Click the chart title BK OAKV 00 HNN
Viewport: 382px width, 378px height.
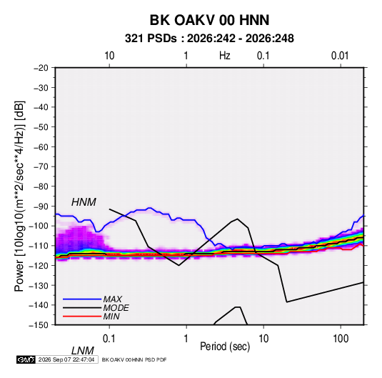pyautogui.click(x=209, y=20)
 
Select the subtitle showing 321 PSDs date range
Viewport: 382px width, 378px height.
pyautogui.click(x=209, y=39)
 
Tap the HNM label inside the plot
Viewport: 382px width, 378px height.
pyautogui.click(x=84, y=202)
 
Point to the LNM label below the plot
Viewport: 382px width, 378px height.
pyautogui.click(x=82, y=351)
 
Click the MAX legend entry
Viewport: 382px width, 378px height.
pyautogui.click(x=112, y=299)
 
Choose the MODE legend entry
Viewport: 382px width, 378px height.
pyautogui.click(x=116, y=308)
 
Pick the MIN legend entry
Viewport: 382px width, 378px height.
pyautogui.click(x=111, y=317)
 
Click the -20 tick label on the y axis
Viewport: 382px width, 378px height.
pyautogui.click(x=41, y=68)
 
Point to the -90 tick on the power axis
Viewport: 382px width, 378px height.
pyautogui.click(x=41, y=206)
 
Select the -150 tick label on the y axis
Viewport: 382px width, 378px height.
pyautogui.click(x=39, y=325)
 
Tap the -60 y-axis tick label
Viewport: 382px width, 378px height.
pyautogui.click(x=41, y=146)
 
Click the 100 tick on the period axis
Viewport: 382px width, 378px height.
pyautogui.click(x=341, y=339)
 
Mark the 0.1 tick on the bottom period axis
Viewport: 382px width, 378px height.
pyautogui.click(x=109, y=339)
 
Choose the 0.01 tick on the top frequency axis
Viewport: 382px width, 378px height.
pyautogui.click(x=340, y=56)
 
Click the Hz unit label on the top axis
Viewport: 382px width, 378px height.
pyautogui.click(x=225, y=56)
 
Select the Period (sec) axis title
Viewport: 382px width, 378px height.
pyautogui.click(x=225, y=347)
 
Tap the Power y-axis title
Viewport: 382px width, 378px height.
pyautogui.click(x=19, y=197)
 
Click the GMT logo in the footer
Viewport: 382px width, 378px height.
pyautogui.click(x=26, y=359)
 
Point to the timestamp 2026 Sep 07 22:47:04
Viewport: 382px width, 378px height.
pyautogui.click(x=66, y=359)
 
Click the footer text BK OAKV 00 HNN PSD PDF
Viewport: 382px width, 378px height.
pyautogui.click(x=134, y=359)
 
